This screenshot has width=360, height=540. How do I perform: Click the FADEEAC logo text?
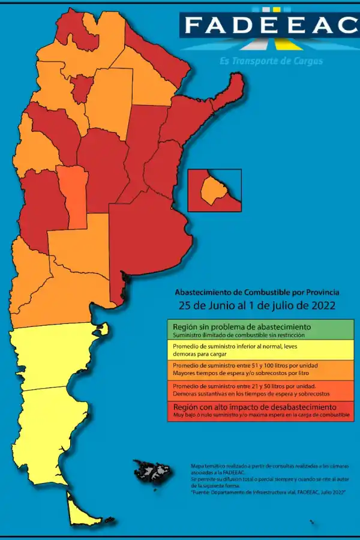point(270,25)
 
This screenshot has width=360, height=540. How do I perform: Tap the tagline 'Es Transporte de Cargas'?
point(271,61)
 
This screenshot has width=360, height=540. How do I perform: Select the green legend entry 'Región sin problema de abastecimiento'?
point(260,330)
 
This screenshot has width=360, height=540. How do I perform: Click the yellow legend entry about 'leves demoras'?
point(260,350)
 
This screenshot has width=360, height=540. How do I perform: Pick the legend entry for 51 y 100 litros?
point(260,370)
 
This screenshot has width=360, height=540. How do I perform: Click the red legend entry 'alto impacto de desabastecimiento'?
point(260,410)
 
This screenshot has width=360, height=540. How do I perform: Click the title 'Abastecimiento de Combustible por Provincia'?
point(257,292)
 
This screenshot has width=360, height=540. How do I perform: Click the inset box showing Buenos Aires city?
point(214,190)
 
